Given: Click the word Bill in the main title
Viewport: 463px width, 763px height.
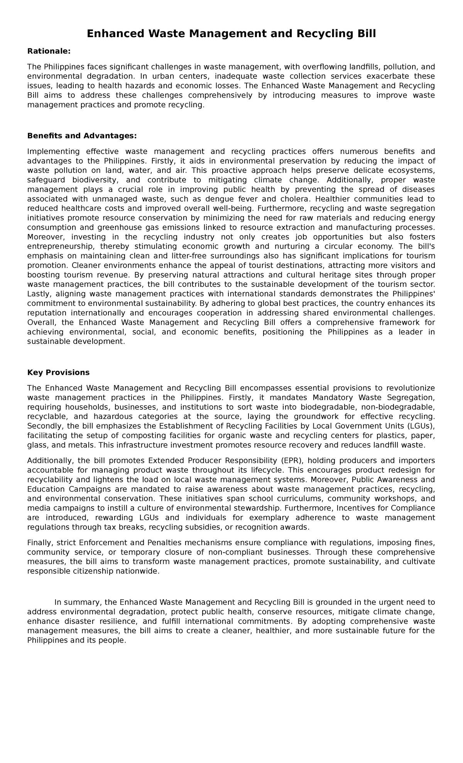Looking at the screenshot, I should click(x=365, y=34).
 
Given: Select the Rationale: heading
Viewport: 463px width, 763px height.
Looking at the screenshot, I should click(x=49, y=51).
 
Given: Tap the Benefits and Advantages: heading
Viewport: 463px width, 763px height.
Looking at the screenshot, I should click(x=82, y=136).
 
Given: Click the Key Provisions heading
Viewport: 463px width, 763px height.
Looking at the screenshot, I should click(x=58, y=372).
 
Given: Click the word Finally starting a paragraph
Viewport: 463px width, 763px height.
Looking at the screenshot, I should click(x=41, y=543).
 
